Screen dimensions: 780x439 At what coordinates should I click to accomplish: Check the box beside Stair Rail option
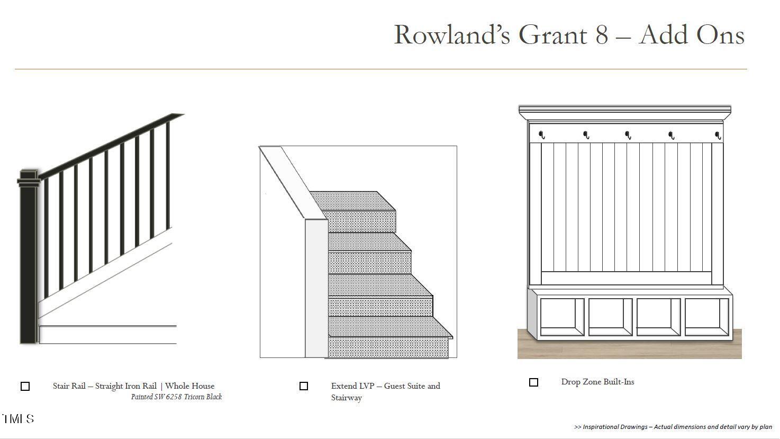click(25, 386)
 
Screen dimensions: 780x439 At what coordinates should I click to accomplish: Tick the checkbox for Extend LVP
click(304, 386)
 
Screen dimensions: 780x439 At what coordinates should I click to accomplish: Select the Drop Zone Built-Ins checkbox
click(533, 382)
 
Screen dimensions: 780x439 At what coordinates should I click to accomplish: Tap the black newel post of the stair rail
click(29, 257)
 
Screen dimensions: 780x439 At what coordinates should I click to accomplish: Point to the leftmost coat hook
click(541, 135)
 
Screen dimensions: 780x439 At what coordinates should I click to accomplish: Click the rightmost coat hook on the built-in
click(718, 135)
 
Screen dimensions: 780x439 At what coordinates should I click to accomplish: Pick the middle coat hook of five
click(628, 135)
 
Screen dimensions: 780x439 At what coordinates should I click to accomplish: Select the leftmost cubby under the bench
click(562, 317)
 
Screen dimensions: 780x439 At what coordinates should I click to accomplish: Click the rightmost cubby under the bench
click(706, 317)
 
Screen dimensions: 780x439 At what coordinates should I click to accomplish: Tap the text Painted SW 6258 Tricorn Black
click(176, 397)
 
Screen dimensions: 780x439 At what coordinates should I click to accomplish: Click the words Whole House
click(190, 386)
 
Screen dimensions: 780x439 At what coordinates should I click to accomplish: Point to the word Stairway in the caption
click(347, 398)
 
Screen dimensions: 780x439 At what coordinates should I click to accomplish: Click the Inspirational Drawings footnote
click(673, 427)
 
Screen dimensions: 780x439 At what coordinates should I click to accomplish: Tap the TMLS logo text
click(18, 418)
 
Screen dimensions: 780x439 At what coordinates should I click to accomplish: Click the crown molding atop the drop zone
click(625, 113)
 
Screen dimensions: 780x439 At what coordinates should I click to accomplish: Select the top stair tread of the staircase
click(352, 201)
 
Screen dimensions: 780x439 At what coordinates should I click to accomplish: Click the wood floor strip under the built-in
click(630, 347)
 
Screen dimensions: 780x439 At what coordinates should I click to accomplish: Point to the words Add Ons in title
click(692, 35)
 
